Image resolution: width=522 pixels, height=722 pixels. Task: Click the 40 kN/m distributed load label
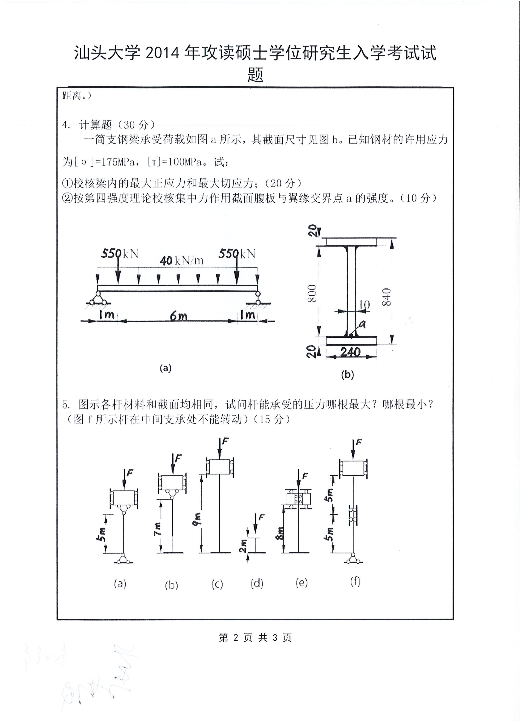click(x=182, y=261)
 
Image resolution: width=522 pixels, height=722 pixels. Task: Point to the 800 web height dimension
click(x=312, y=293)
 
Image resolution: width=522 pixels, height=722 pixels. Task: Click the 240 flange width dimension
click(x=350, y=352)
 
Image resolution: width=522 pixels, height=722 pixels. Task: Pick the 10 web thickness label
click(x=364, y=305)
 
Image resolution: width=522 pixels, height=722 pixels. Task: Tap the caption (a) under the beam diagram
click(x=165, y=368)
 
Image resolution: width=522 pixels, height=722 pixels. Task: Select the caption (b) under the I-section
click(x=348, y=375)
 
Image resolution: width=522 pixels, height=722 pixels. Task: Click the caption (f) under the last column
click(x=355, y=582)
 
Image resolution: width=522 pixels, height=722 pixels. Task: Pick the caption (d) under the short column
click(x=257, y=583)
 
